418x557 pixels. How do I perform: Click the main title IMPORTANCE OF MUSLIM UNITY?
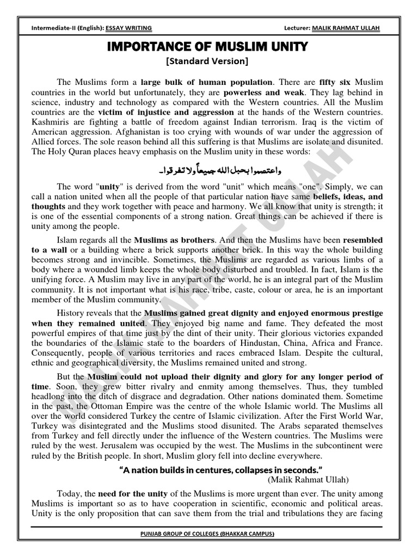pos(208,46)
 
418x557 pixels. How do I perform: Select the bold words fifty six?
pos(337,83)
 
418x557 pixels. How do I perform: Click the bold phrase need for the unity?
pos(130,494)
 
